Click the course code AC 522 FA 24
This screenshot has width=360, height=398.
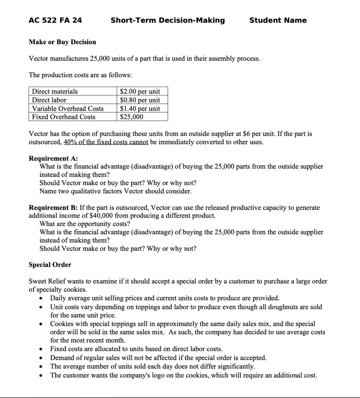pyautogui.click(x=55, y=20)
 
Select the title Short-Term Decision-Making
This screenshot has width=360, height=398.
pyautogui.click(x=168, y=20)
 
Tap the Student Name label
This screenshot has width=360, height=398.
pyautogui.click(x=278, y=20)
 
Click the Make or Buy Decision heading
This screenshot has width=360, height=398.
pyautogui.click(x=62, y=42)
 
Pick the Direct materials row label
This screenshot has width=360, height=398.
pyautogui.click(x=55, y=91)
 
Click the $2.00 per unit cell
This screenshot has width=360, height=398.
pyautogui.click(x=140, y=91)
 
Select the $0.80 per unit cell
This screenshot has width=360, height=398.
pyautogui.click(x=140, y=100)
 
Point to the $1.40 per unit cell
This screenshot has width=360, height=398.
pyautogui.click(x=140, y=108)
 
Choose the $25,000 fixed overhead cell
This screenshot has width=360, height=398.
pyautogui.click(x=132, y=117)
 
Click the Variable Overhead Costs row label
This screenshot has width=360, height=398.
pyautogui.click(x=68, y=108)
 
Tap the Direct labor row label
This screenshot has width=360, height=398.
pyautogui.click(x=49, y=100)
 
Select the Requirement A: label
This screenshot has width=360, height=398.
pyautogui.click(x=53, y=158)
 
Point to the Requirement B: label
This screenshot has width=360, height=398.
pyautogui.click(x=53, y=208)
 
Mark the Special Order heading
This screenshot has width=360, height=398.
pyautogui.click(x=50, y=265)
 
